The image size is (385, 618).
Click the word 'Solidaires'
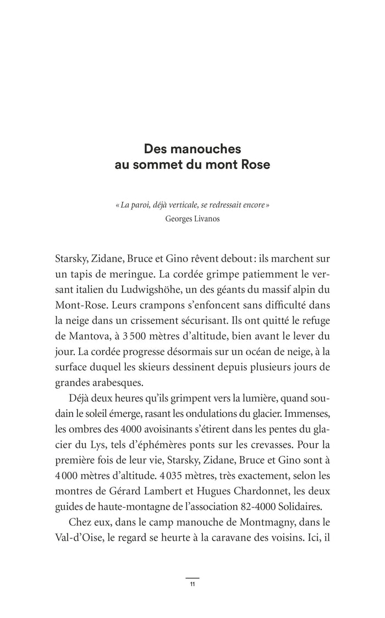click(x=304, y=504)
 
